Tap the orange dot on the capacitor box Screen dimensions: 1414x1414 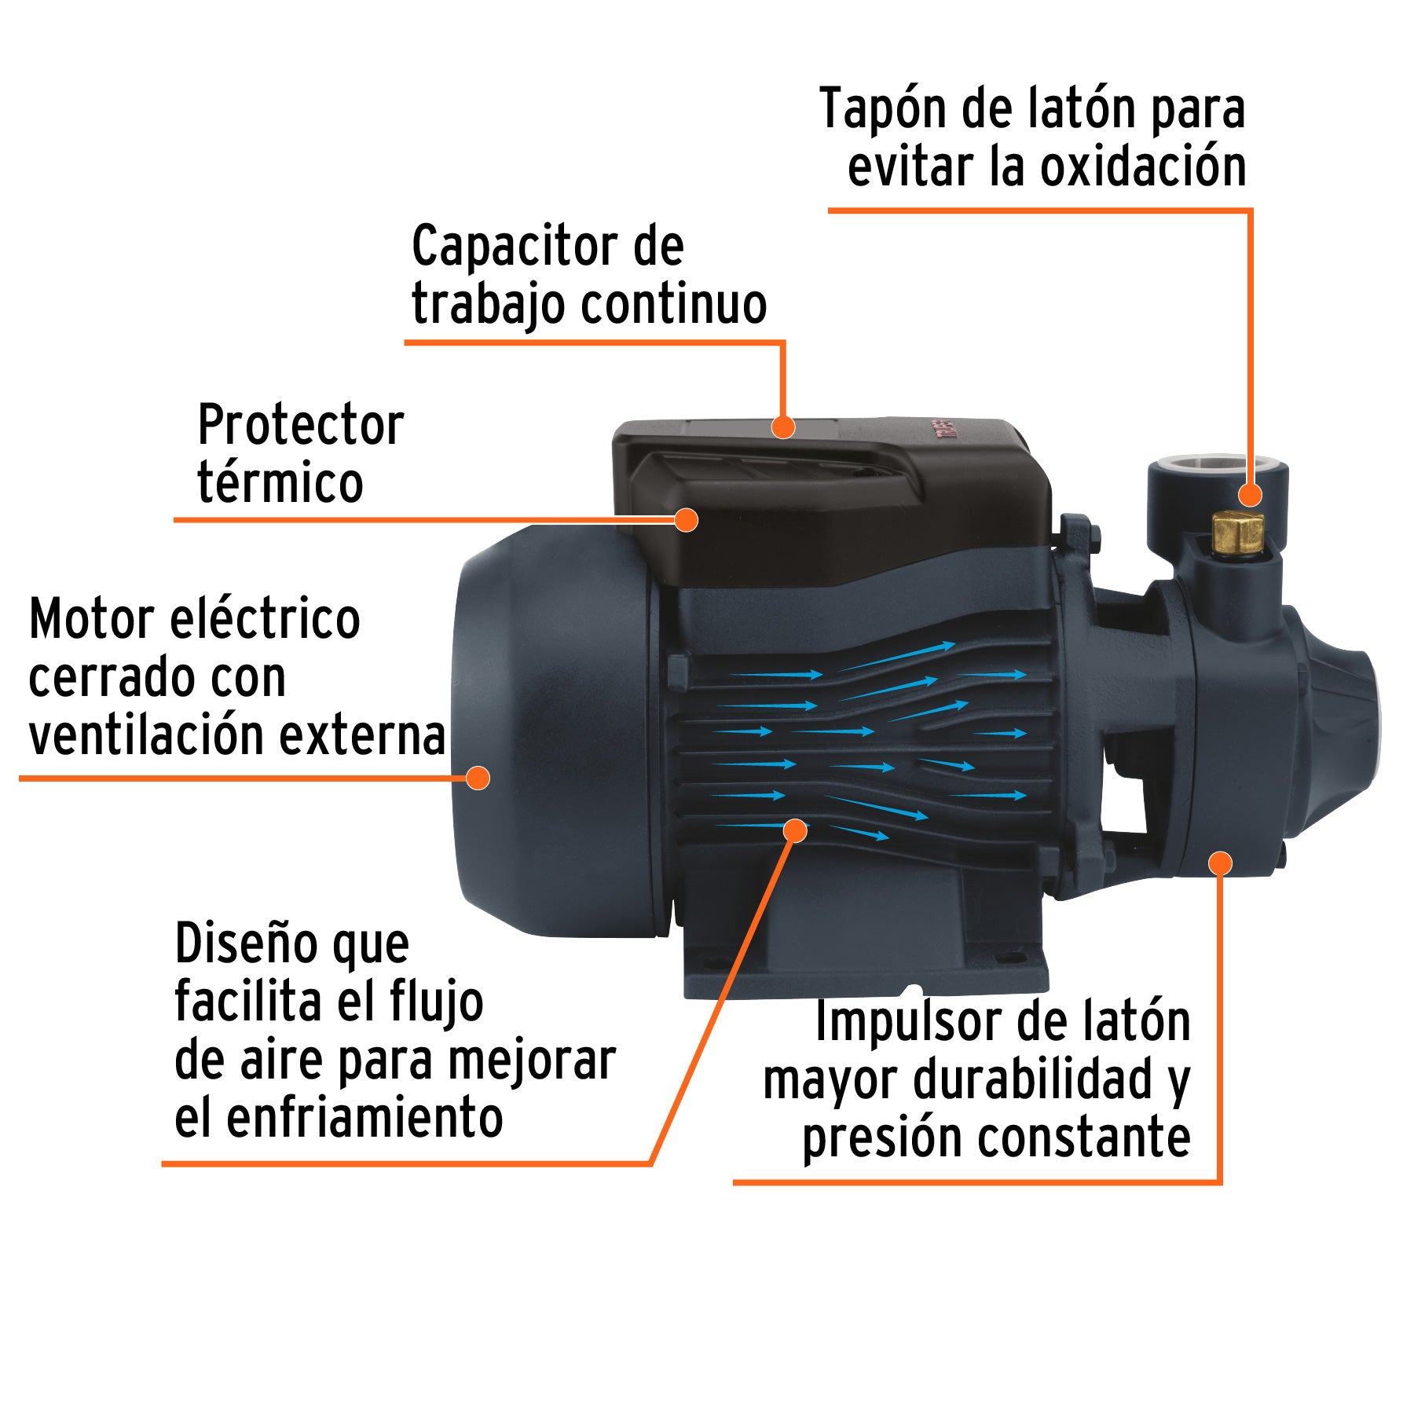click(782, 427)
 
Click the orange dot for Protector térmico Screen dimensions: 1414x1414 click(686, 519)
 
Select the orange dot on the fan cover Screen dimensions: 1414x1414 click(478, 778)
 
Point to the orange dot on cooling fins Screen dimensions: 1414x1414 click(795, 830)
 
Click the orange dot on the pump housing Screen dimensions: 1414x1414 click(1219, 863)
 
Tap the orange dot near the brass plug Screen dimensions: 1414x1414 click(1250, 495)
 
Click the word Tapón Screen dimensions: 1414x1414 click(881, 108)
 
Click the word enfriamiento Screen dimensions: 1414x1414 click(364, 1118)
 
